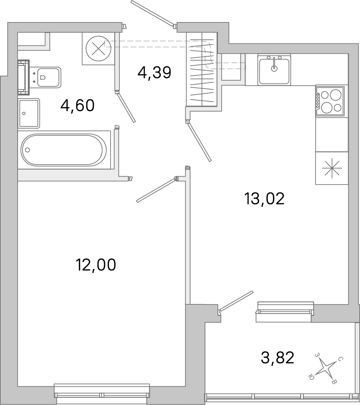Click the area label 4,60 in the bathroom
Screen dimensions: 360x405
pyautogui.click(x=77, y=106)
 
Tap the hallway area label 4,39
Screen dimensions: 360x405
pyautogui.click(x=154, y=72)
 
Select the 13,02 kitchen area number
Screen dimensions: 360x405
pyautogui.click(x=264, y=199)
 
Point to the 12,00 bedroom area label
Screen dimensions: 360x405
pyautogui.click(x=96, y=265)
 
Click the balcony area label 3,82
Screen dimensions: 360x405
pyautogui.click(x=277, y=358)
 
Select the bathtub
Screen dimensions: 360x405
pyautogui.click(x=64, y=150)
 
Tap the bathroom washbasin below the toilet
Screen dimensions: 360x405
pyautogui.click(x=29, y=113)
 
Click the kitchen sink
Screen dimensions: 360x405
pyautogui.click(x=274, y=69)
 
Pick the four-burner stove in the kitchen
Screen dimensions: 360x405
pyautogui.click(x=330, y=101)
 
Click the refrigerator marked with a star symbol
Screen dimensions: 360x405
pyautogui.click(x=332, y=168)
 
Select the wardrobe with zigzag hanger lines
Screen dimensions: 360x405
pyautogui.click(x=202, y=69)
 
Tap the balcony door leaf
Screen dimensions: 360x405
pyautogui.click(x=236, y=301)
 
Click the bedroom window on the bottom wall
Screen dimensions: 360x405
pyautogui.click(x=102, y=395)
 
